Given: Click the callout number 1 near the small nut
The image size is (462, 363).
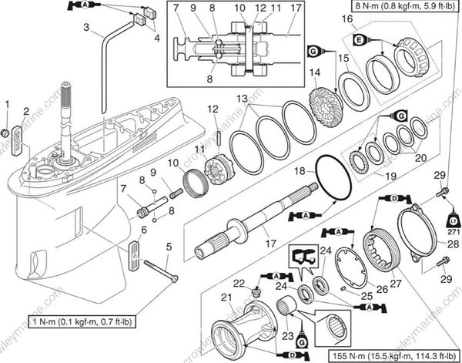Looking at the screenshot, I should [x=8, y=103].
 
